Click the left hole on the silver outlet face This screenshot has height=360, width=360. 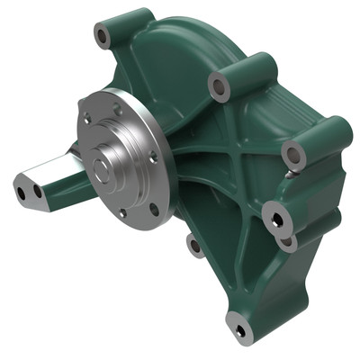[22, 193]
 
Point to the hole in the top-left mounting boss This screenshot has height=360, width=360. [103, 38]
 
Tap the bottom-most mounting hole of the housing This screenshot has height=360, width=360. [239, 329]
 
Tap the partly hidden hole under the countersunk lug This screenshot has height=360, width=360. [287, 241]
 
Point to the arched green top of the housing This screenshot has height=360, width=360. [180, 45]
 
